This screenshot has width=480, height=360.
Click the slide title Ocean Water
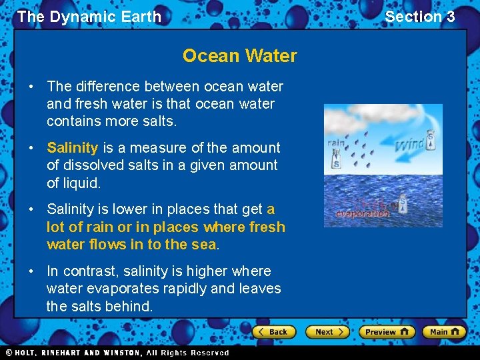tap(239, 55)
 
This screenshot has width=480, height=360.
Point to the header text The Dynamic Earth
tap(89, 17)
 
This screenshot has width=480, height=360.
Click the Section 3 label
tap(419, 17)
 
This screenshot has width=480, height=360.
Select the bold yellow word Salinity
tap(72, 147)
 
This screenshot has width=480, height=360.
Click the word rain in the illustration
tap(335, 142)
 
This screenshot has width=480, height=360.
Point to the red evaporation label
tap(362, 214)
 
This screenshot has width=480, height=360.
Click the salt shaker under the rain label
tap(335, 160)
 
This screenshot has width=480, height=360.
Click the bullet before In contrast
tap(32, 271)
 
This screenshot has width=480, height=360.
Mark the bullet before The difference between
tap(32, 87)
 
